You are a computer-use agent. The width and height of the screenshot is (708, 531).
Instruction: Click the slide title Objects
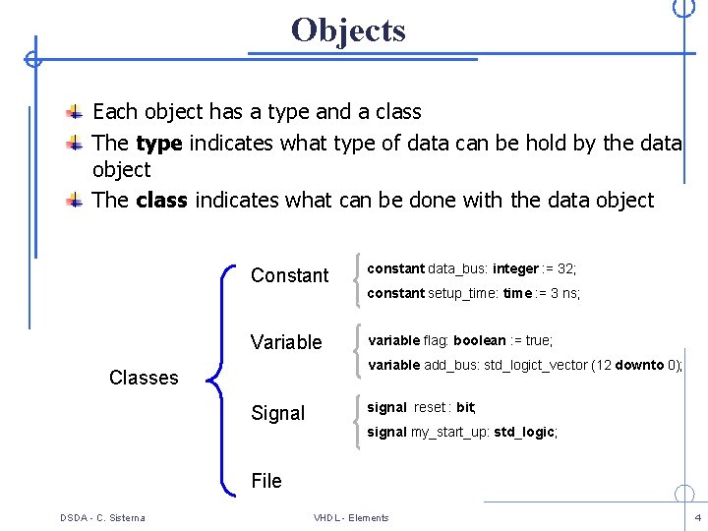tap(348, 30)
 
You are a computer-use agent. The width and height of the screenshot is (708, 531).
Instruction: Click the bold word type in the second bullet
tap(158, 144)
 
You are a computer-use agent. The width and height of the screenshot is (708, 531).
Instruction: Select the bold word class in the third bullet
tap(161, 201)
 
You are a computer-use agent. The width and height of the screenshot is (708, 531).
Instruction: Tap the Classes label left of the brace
tap(144, 378)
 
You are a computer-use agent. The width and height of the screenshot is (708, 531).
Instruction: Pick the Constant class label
tap(289, 275)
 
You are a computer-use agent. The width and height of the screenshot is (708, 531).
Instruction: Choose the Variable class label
tap(286, 342)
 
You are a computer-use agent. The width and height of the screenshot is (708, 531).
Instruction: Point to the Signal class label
tap(277, 413)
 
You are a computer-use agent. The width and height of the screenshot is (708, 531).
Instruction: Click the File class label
tap(266, 481)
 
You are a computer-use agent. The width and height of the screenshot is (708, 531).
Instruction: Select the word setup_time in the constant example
tap(462, 293)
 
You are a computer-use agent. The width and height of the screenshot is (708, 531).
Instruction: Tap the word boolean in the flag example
tap(479, 340)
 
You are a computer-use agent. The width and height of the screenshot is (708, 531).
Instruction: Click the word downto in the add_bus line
tap(640, 365)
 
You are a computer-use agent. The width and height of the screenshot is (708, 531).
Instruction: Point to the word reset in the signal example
tap(430, 407)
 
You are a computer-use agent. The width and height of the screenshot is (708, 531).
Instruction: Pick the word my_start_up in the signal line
tap(448, 432)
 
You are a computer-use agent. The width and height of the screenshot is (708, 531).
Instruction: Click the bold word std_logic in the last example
tap(524, 432)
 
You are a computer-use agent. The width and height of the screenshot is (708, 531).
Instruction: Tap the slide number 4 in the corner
tap(697, 517)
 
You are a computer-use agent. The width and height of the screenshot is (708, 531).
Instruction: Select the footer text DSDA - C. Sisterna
tap(102, 517)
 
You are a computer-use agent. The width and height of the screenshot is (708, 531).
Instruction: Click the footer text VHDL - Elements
tap(351, 517)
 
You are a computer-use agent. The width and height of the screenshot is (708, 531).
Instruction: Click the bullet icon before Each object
tap(75, 111)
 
